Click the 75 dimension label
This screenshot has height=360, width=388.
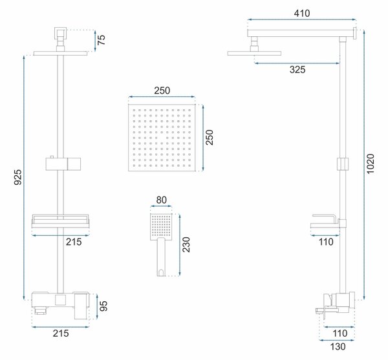click(x=102, y=40)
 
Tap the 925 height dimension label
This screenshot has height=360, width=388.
click(x=18, y=177)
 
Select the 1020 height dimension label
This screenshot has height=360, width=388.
click(x=371, y=164)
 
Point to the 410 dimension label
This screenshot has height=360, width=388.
click(x=301, y=14)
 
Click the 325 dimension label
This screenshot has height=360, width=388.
click(x=297, y=70)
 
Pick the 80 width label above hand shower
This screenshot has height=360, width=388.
click(x=161, y=200)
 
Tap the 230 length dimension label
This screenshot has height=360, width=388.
click(x=186, y=244)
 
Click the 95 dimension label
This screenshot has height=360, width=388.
click(x=103, y=306)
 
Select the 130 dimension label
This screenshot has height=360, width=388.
click(x=338, y=346)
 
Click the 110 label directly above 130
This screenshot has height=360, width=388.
click(x=340, y=334)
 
